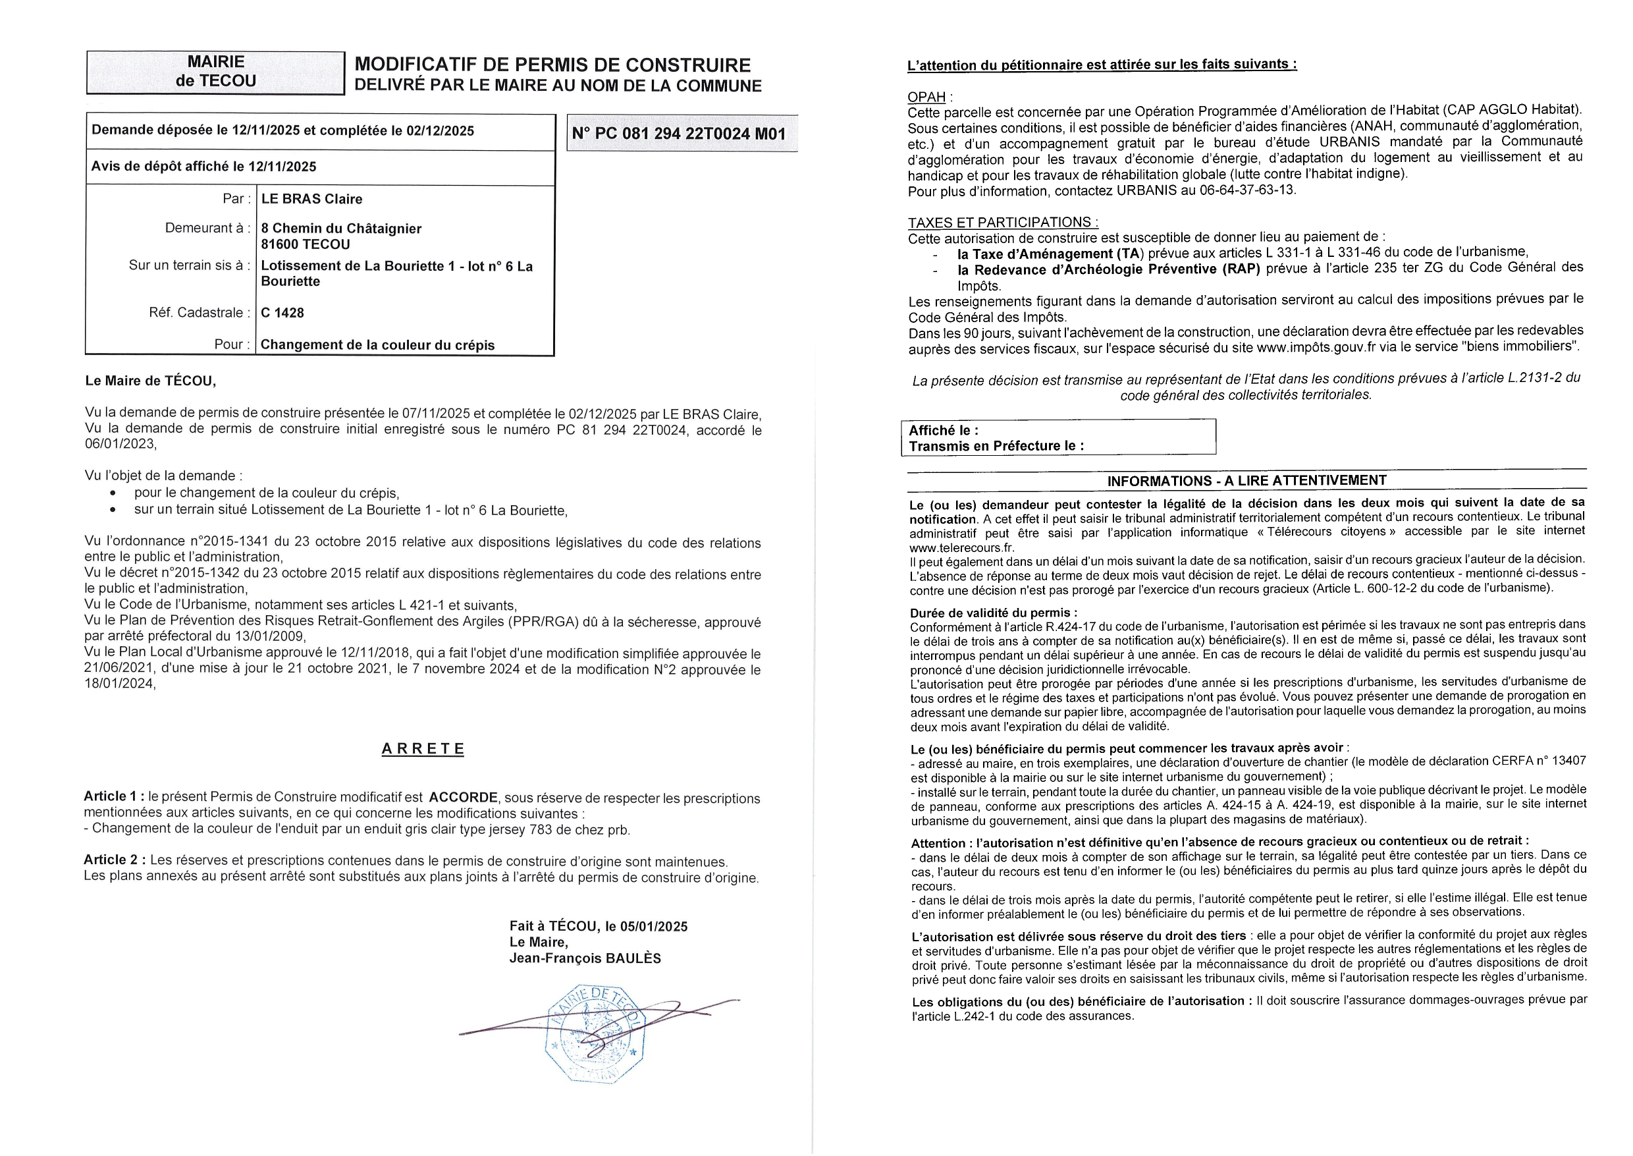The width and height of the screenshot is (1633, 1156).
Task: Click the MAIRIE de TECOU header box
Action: click(215, 72)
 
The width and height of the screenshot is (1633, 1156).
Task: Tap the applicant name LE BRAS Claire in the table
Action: click(311, 200)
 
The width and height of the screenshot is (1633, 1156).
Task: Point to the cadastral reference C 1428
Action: click(282, 312)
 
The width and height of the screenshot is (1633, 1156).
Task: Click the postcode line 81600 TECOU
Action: click(306, 245)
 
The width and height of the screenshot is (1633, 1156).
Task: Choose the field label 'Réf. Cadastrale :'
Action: click(200, 312)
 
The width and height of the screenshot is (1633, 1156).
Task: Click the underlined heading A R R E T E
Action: click(423, 749)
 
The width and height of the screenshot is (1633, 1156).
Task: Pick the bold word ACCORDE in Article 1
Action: click(463, 797)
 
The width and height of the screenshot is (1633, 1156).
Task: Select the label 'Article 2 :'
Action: click(115, 860)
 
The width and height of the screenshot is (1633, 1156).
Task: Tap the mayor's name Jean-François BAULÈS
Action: click(585, 958)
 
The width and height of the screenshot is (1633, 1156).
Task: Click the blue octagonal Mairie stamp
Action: click(595, 1033)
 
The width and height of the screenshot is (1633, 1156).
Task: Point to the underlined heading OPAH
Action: click(926, 97)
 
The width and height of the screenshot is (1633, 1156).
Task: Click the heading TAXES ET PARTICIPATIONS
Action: click(1003, 222)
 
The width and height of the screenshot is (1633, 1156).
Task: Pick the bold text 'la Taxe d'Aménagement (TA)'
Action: click(1050, 254)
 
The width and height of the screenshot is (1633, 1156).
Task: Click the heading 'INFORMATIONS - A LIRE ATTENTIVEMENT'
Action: click(1246, 480)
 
